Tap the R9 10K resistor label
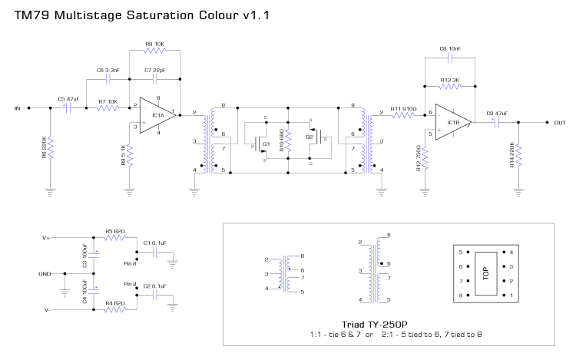coord(154,45)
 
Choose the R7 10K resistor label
coord(108,101)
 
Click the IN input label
coord(17,108)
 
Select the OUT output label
coord(559,122)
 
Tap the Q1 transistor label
coord(266,144)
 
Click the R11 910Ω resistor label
coord(402,108)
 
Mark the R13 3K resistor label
coord(450,79)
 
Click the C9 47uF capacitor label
coord(498,114)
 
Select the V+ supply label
coord(46,238)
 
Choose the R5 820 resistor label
coord(114,230)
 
